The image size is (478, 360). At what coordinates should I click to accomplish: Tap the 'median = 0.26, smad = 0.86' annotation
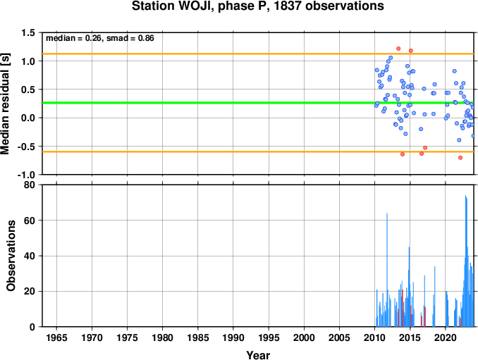click(100, 38)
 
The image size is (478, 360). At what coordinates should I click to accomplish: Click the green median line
click(258, 103)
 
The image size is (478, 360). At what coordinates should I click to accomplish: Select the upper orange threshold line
click(258, 54)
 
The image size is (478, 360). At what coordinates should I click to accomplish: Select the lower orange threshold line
click(258, 151)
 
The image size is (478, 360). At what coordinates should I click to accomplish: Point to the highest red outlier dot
click(398, 49)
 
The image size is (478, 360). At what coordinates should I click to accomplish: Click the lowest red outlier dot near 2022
click(460, 158)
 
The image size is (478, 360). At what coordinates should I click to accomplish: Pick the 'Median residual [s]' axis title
click(5, 104)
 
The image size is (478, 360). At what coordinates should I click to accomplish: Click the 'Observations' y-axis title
click(11, 256)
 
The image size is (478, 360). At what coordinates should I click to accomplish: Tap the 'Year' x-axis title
click(258, 355)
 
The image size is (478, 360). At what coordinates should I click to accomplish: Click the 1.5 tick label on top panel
click(28, 33)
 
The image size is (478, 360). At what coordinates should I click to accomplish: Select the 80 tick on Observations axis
click(30, 185)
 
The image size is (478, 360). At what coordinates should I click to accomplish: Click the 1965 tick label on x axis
click(56, 337)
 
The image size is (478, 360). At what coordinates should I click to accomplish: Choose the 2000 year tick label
click(304, 337)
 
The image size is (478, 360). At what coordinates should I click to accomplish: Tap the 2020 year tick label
click(446, 337)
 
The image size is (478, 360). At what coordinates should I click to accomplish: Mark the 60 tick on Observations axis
click(30, 221)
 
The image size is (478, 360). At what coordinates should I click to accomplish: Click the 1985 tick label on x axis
click(198, 337)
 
